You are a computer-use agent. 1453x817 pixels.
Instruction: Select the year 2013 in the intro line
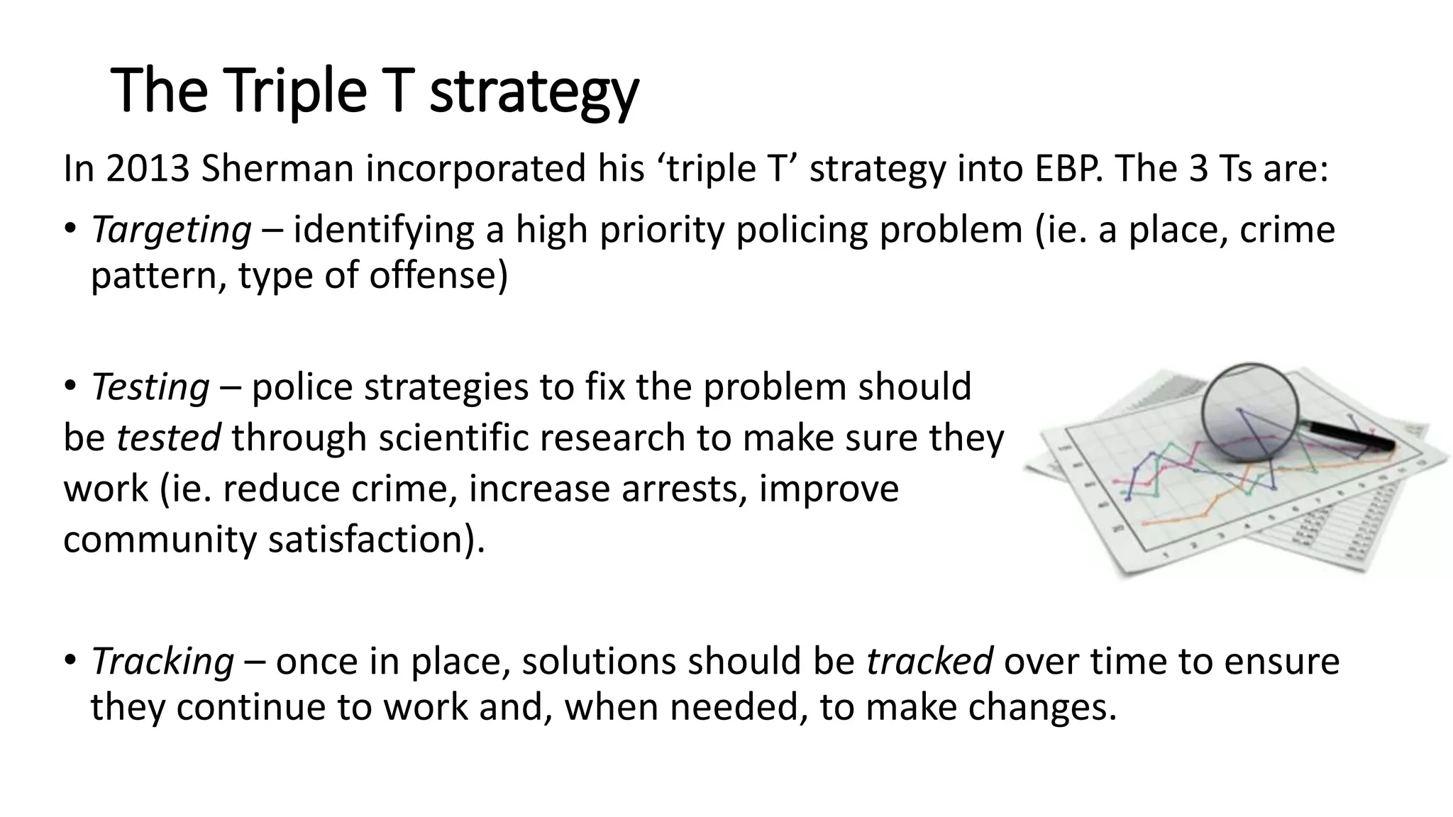pyautogui.click(x=148, y=169)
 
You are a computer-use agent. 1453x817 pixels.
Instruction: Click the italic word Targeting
pyautogui.click(x=171, y=230)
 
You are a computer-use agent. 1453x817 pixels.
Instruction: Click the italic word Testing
pyautogui.click(x=150, y=387)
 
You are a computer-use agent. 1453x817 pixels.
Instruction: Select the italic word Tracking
pyautogui.click(x=162, y=661)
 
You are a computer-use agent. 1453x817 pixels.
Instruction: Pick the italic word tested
pyautogui.click(x=168, y=438)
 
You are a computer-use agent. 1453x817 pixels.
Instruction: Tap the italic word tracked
pyautogui.click(x=929, y=661)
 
